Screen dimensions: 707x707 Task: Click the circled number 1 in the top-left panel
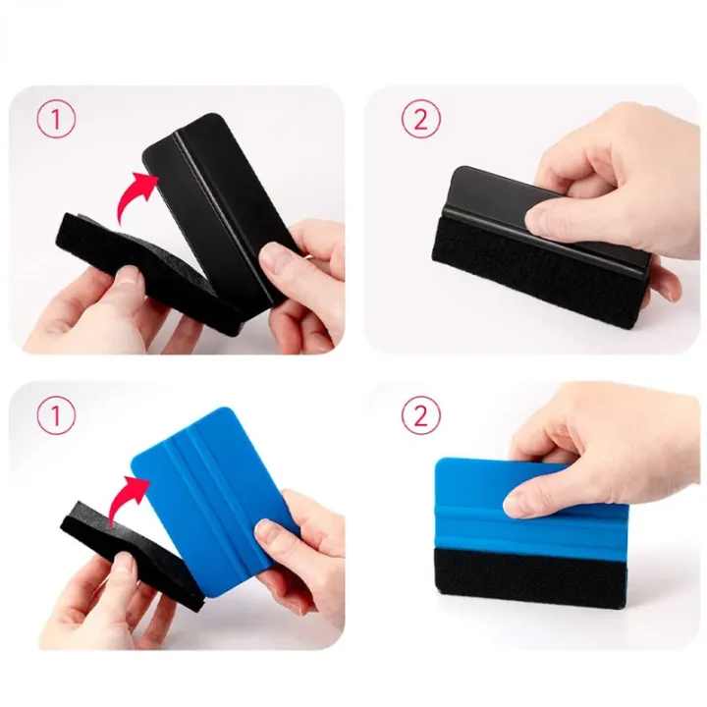[x=56, y=119]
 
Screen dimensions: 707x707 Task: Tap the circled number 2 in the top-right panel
[x=420, y=119]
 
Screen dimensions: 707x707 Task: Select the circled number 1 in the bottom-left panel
[x=56, y=414]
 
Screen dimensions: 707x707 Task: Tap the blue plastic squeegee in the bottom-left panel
[x=212, y=501]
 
